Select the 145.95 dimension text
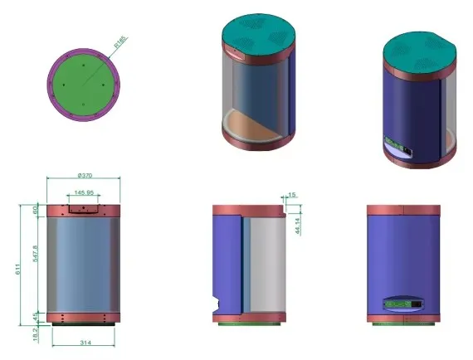84,193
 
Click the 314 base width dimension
84,340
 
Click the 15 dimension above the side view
291,195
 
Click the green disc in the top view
83,83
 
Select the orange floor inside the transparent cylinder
257,124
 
